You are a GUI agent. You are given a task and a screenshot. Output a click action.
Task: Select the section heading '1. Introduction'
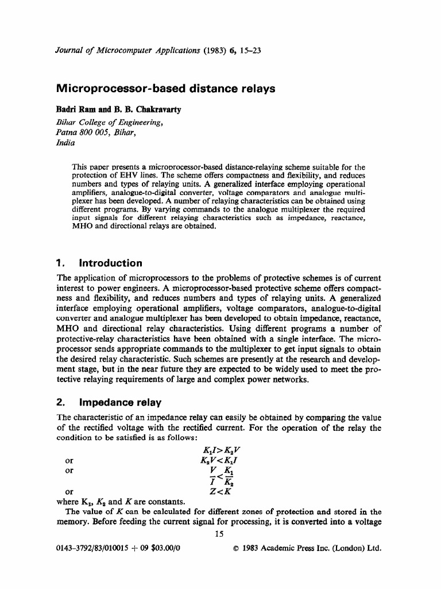(x=99, y=263)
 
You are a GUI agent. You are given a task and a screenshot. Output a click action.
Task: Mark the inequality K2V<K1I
(x=215, y=460)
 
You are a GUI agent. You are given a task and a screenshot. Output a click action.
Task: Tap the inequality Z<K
(x=215, y=492)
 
